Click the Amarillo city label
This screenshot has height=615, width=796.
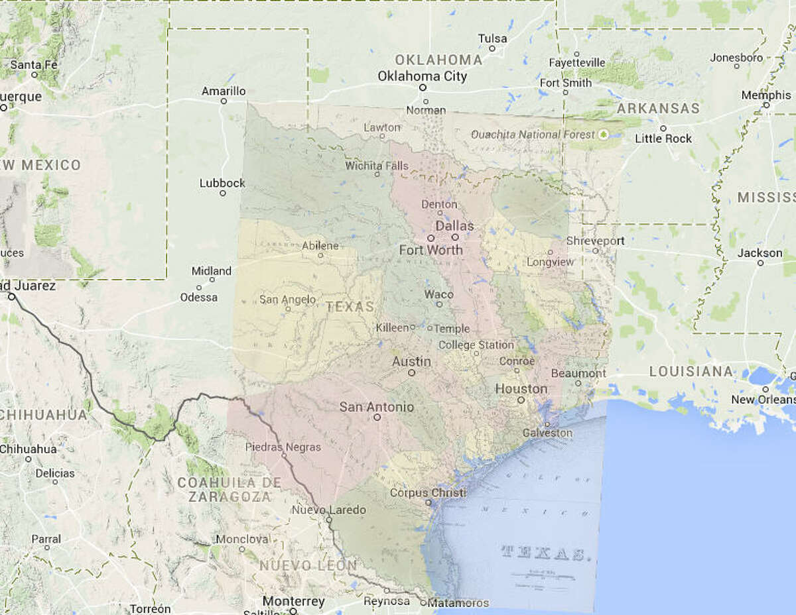[x=223, y=91]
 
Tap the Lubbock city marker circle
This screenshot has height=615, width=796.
[x=223, y=194]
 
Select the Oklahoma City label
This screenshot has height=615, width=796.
[x=422, y=76]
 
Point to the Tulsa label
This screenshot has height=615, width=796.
[x=492, y=38]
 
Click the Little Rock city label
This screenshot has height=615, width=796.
[x=663, y=139]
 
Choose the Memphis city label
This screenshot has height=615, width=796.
[x=765, y=95]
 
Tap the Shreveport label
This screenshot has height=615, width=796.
[x=596, y=241]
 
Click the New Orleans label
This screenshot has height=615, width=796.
[x=763, y=400]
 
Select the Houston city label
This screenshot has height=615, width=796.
[x=521, y=389]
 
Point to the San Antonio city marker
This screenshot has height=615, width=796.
[x=377, y=418]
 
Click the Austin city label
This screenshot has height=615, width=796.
[x=411, y=362]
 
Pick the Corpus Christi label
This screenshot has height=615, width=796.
[x=428, y=493]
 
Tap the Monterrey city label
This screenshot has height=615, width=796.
[x=294, y=602]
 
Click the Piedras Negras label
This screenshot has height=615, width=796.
[x=283, y=447]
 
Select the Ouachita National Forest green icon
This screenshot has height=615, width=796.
[x=603, y=135]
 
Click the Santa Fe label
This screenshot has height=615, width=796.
[x=34, y=65]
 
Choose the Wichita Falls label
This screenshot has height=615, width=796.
[x=377, y=166]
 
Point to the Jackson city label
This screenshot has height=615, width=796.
[x=760, y=253]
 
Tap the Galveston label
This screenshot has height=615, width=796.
[x=547, y=433]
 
